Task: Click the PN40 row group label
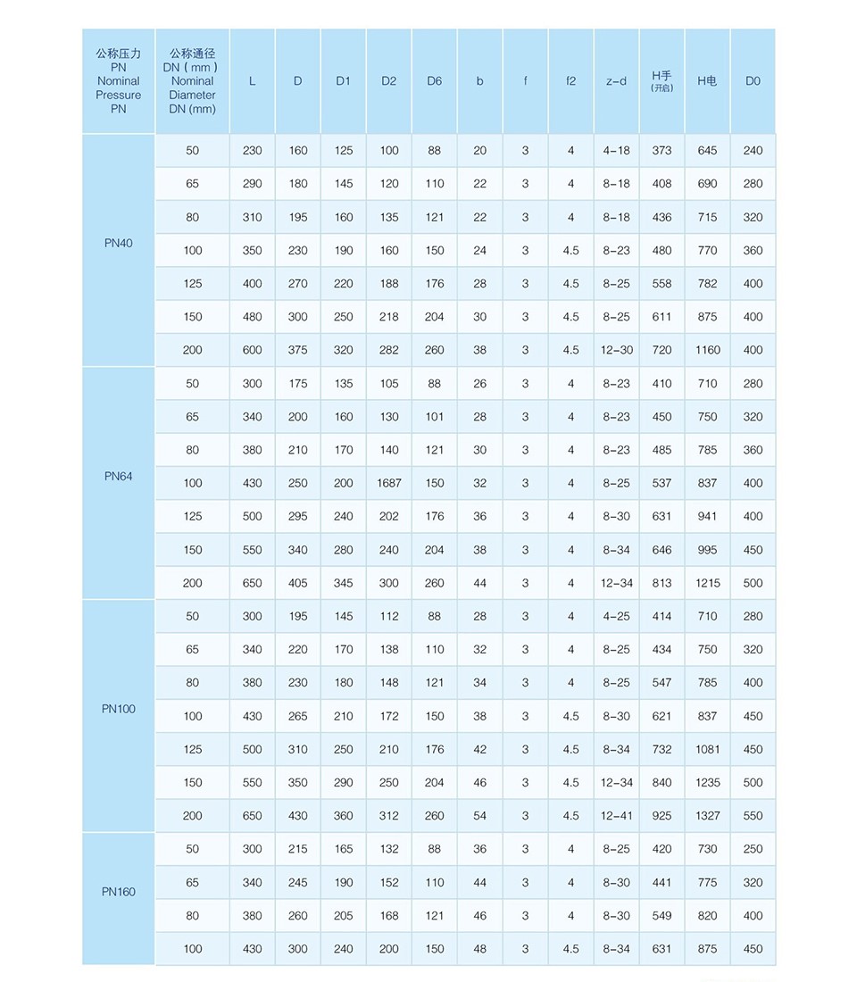(118, 243)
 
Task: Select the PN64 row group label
(118, 476)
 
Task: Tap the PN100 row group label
(118, 709)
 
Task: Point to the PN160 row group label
(118, 891)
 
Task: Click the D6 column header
(434, 81)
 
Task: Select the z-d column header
(616, 81)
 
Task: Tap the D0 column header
(753, 81)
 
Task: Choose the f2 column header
(570, 81)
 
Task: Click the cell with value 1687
(388, 483)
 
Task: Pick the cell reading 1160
(707, 350)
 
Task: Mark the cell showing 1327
(707, 816)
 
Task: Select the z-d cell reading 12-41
(616, 816)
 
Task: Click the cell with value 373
(661, 150)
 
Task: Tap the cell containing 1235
(707, 783)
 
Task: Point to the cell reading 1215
(707, 583)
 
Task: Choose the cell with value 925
(661, 816)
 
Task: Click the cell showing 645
(707, 150)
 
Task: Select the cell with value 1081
(707, 749)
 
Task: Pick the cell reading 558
(661, 284)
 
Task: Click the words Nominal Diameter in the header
(193, 87)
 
